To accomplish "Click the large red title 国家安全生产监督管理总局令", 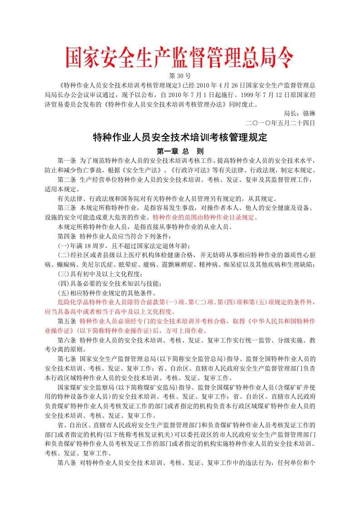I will pos(180,58).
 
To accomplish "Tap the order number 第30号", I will pos(180,75).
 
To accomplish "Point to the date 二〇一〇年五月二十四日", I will pos(280,122).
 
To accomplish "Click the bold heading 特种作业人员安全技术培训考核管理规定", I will pos(180,137).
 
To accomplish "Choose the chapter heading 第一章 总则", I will pos(180,151).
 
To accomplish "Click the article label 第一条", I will pos(67,161).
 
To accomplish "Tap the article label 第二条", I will pos(67,180).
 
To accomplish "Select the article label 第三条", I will pos(67,208).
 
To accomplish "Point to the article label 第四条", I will pos(67,236).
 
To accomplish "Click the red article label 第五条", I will pos(67,321).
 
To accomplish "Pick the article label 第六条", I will pos(67,340).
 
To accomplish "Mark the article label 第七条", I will pos(67,359).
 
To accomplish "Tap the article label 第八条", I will pos(67,463).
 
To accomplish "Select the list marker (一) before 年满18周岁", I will pos(63,245).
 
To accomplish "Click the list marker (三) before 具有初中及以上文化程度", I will pos(63,274).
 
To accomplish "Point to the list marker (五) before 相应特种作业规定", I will pos(63,293).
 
